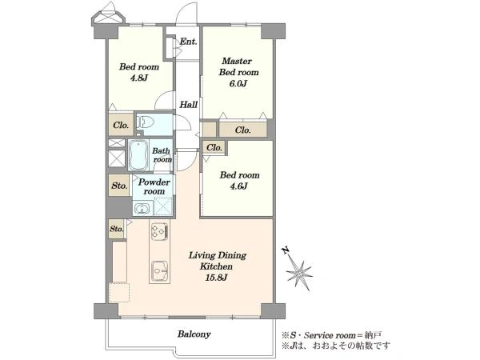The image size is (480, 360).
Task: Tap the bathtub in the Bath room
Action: click(x=138, y=155)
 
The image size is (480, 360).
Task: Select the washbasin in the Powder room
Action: click(x=142, y=209)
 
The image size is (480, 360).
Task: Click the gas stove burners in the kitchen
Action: click(x=159, y=231)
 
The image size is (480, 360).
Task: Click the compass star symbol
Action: click(x=298, y=273)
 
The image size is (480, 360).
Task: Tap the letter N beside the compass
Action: click(x=286, y=250)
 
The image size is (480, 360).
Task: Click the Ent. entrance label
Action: click(x=188, y=42)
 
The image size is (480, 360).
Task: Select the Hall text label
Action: click(x=188, y=105)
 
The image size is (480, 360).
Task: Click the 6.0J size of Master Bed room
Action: click(x=238, y=83)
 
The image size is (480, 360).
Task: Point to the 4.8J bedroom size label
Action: click(x=139, y=78)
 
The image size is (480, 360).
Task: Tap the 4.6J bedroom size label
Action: click(x=238, y=186)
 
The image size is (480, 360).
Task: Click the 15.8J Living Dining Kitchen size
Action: click(x=217, y=278)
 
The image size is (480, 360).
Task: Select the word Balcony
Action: click(x=194, y=334)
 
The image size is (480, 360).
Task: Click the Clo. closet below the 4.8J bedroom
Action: click(x=121, y=125)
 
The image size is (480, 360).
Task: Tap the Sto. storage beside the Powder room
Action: click(x=119, y=186)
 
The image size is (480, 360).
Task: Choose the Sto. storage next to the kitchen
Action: click(x=117, y=229)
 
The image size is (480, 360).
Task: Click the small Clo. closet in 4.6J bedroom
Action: click(x=214, y=147)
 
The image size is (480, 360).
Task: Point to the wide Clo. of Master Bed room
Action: click(x=243, y=130)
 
